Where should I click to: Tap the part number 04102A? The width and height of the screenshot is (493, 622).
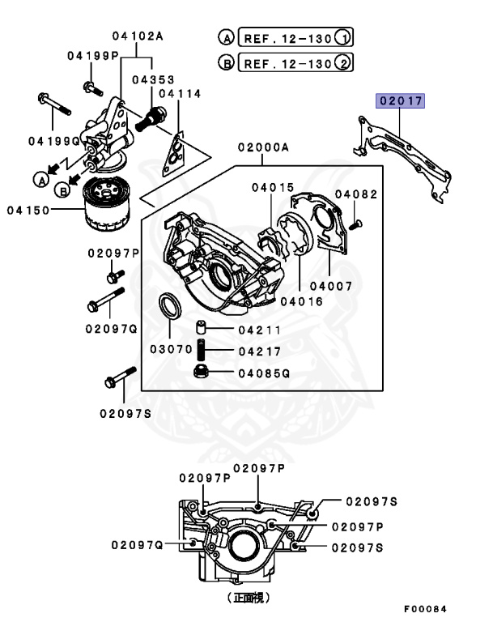coord(138,36)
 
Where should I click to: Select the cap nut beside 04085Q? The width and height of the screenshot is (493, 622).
coord(202,373)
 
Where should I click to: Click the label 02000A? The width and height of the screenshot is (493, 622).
coord(263,148)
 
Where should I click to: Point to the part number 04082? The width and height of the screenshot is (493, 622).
coord(356,194)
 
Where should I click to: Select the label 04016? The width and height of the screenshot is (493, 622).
coord(301,300)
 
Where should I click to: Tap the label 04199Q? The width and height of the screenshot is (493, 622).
coord(51,141)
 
